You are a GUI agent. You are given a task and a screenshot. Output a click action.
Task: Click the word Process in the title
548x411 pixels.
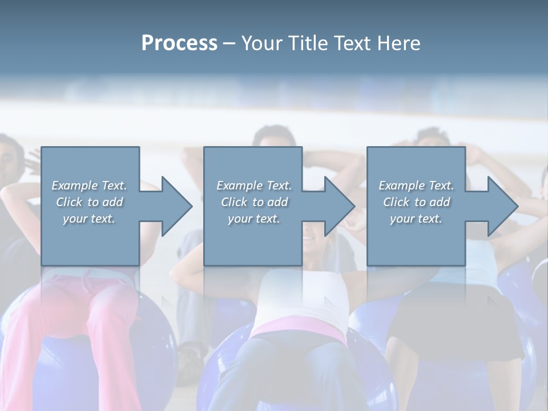coord(179,43)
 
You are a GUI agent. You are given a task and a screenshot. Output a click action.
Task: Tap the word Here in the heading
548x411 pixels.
coord(398,43)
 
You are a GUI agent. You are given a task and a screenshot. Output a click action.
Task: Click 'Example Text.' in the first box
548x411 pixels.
coord(89,186)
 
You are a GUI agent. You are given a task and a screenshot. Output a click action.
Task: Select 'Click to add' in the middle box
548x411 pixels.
coord(255,202)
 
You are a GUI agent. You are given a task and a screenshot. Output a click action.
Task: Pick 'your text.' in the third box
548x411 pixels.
coord(416,219)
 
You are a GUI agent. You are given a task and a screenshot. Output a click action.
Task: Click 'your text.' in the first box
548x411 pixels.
coord(89,219)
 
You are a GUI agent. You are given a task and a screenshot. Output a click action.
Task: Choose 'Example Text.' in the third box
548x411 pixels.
coord(416,186)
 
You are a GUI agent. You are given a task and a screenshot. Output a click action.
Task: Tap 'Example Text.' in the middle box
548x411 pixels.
coord(255,186)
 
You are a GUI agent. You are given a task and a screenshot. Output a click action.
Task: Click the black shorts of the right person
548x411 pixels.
coord(451,320)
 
